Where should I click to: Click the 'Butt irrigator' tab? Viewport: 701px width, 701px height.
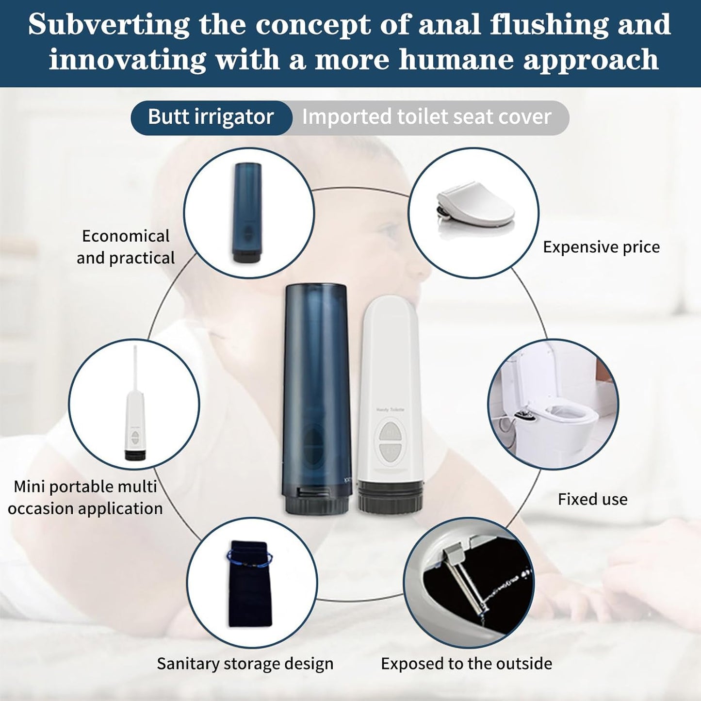(211, 117)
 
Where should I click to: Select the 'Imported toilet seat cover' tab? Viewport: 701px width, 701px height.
(427, 117)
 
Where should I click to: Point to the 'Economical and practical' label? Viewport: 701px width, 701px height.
(125, 247)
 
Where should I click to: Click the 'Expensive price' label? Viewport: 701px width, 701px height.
(601, 247)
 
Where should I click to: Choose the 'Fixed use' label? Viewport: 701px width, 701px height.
(592, 499)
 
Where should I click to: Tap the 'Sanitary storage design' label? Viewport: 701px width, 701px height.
(245, 664)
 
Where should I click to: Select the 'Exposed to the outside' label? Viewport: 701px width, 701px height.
(466, 664)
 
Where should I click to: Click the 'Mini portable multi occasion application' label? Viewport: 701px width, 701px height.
(85, 497)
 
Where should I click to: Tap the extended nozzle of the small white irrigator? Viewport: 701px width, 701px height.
(134, 369)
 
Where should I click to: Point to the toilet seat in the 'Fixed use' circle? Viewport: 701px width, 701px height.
(563, 417)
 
